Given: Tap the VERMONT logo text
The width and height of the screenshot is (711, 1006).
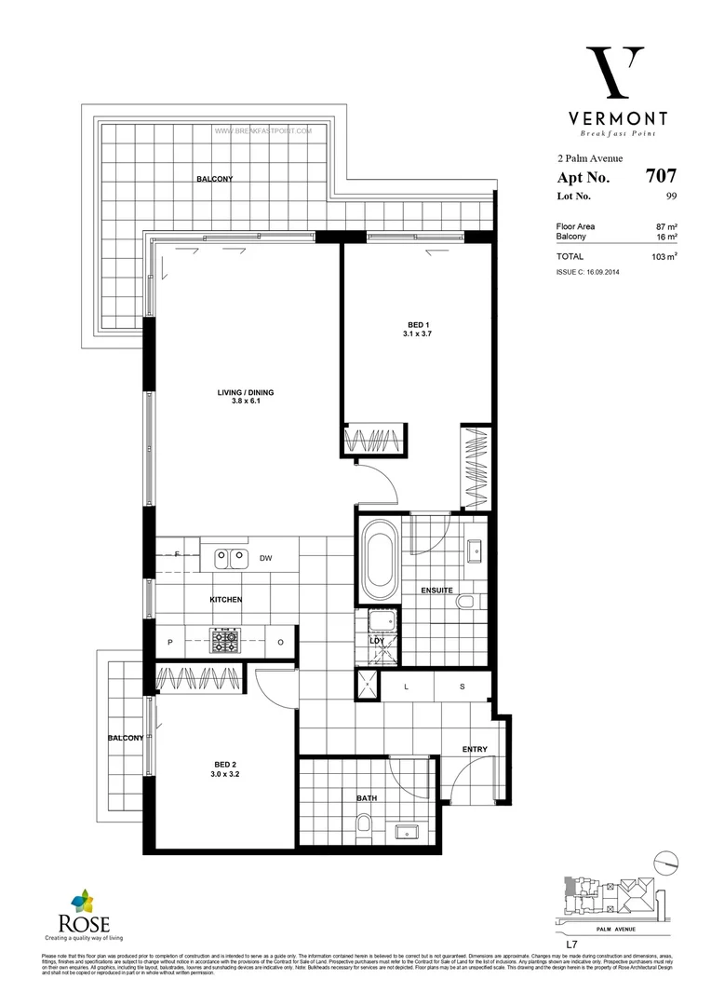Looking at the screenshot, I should click(618, 118).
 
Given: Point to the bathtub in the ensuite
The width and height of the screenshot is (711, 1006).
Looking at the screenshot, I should click(379, 562).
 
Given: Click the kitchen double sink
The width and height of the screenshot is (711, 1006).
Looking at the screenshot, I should click(231, 558).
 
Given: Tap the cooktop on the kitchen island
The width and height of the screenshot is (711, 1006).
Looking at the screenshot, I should click(225, 642).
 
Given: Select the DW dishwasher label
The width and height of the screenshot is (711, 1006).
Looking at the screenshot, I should click(265, 558).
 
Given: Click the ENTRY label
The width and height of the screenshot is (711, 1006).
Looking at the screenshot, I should click(475, 749).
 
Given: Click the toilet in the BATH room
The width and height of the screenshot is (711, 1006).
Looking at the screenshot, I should click(363, 826).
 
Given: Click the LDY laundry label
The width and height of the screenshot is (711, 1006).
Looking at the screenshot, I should click(378, 641).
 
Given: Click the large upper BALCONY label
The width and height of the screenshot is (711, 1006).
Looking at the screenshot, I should click(214, 179).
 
